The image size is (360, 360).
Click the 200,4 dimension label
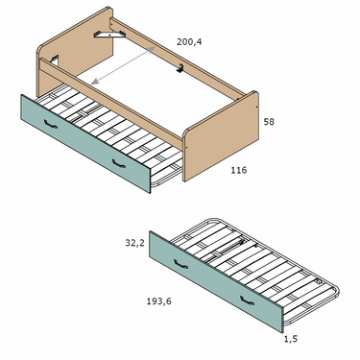tap(189, 42)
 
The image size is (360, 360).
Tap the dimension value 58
tap(269, 122)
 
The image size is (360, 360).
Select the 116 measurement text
tap(239, 170)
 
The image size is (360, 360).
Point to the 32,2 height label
tap(134, 243)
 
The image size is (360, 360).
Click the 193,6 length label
tap(159, 301)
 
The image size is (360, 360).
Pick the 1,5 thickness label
tap(291, 339)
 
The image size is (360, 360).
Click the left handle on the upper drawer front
tap(51, 124)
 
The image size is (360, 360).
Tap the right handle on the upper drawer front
tap(119, 163)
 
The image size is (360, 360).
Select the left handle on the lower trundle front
tap(180, 264)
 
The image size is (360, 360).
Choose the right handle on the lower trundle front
tap(247, 300)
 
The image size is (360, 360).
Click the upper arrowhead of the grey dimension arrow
tap(153, 48)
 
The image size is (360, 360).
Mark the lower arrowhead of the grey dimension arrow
tap(94, 82)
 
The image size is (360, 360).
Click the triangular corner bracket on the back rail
tap(109, 35)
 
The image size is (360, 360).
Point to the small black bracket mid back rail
tap(180, 68)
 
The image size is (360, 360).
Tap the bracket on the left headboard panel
tap(55, 60)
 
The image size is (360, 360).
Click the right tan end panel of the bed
tap(221, 136)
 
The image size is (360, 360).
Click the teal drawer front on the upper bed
tap(85, 144)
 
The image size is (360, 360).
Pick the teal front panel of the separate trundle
tap(216, 282)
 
